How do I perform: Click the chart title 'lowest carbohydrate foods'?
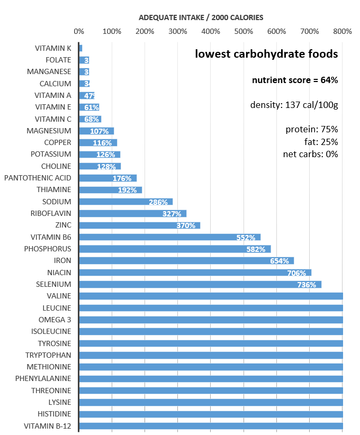pos(266,54)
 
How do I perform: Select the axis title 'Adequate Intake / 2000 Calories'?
pos(201,17)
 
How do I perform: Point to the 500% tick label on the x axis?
pos(244,32)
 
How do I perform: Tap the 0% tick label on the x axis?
pos(78,32)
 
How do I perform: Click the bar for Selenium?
pos(200,284)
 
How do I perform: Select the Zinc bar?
pos(139,225)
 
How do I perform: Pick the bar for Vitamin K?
pos(80,48)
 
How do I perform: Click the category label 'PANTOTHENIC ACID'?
pos(38,178)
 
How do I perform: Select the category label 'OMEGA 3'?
pos(55,320)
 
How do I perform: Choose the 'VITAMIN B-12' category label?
pos(47,425)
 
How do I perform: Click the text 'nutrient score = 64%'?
pos(294,80)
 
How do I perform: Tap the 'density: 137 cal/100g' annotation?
pos(294,105)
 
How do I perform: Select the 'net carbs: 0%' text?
pos(310,154)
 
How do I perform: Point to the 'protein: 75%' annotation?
pos(311,130)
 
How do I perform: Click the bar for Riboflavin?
pos(132,214)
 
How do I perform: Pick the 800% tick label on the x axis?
pos(343,32)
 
